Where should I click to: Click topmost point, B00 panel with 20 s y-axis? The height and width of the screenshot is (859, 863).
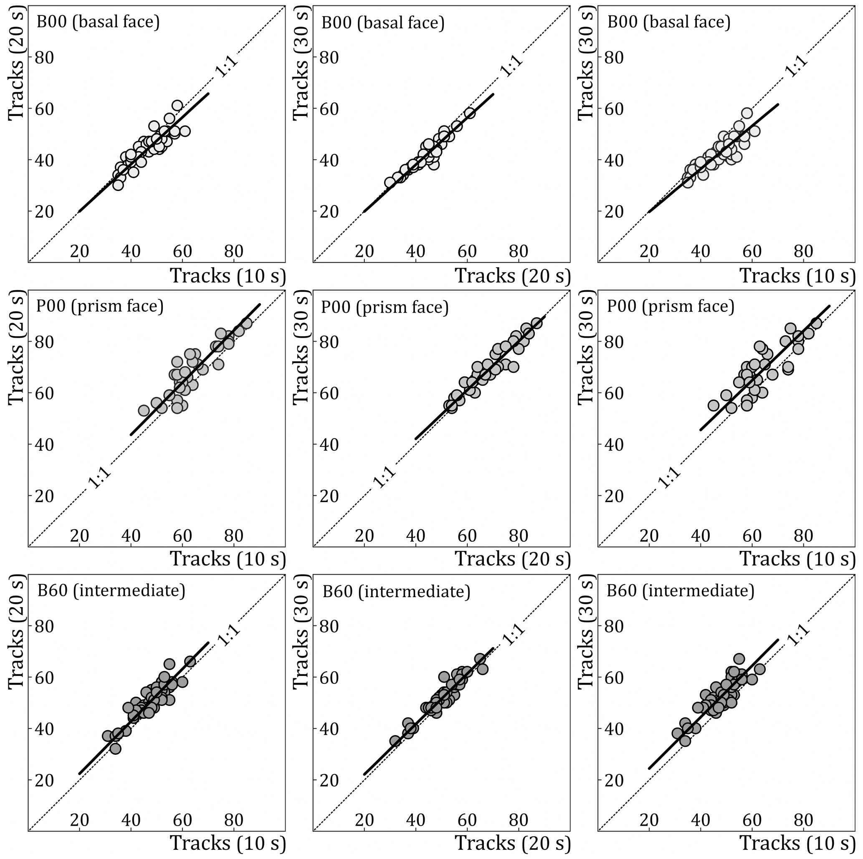click(x=177, y=106)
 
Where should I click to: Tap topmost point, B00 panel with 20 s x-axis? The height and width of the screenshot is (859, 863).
click(x=469, y=113)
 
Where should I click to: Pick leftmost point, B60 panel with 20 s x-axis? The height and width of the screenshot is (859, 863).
click(x=395, y=741)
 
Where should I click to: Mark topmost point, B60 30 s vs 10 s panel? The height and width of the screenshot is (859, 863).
click(x=739, y=659)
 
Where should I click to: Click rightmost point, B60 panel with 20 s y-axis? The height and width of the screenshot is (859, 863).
click(x=190, y=661)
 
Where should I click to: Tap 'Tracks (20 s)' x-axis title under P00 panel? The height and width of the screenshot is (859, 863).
click(x=513, y=559)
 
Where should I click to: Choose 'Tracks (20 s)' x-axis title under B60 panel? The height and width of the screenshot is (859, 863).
click(x=513, y=844)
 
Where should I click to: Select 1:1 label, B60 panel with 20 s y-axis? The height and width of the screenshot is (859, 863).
click(x=229, y=635)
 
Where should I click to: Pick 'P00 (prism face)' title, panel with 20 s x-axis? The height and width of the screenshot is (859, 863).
click(x=385, y=307)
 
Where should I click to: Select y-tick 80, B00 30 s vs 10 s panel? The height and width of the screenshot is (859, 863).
click(x=613, y=58)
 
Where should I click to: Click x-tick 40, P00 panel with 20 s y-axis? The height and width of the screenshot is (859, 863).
click(x=131, y=535)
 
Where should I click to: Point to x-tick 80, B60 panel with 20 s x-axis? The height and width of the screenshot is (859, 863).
click(x=519, y=820)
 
